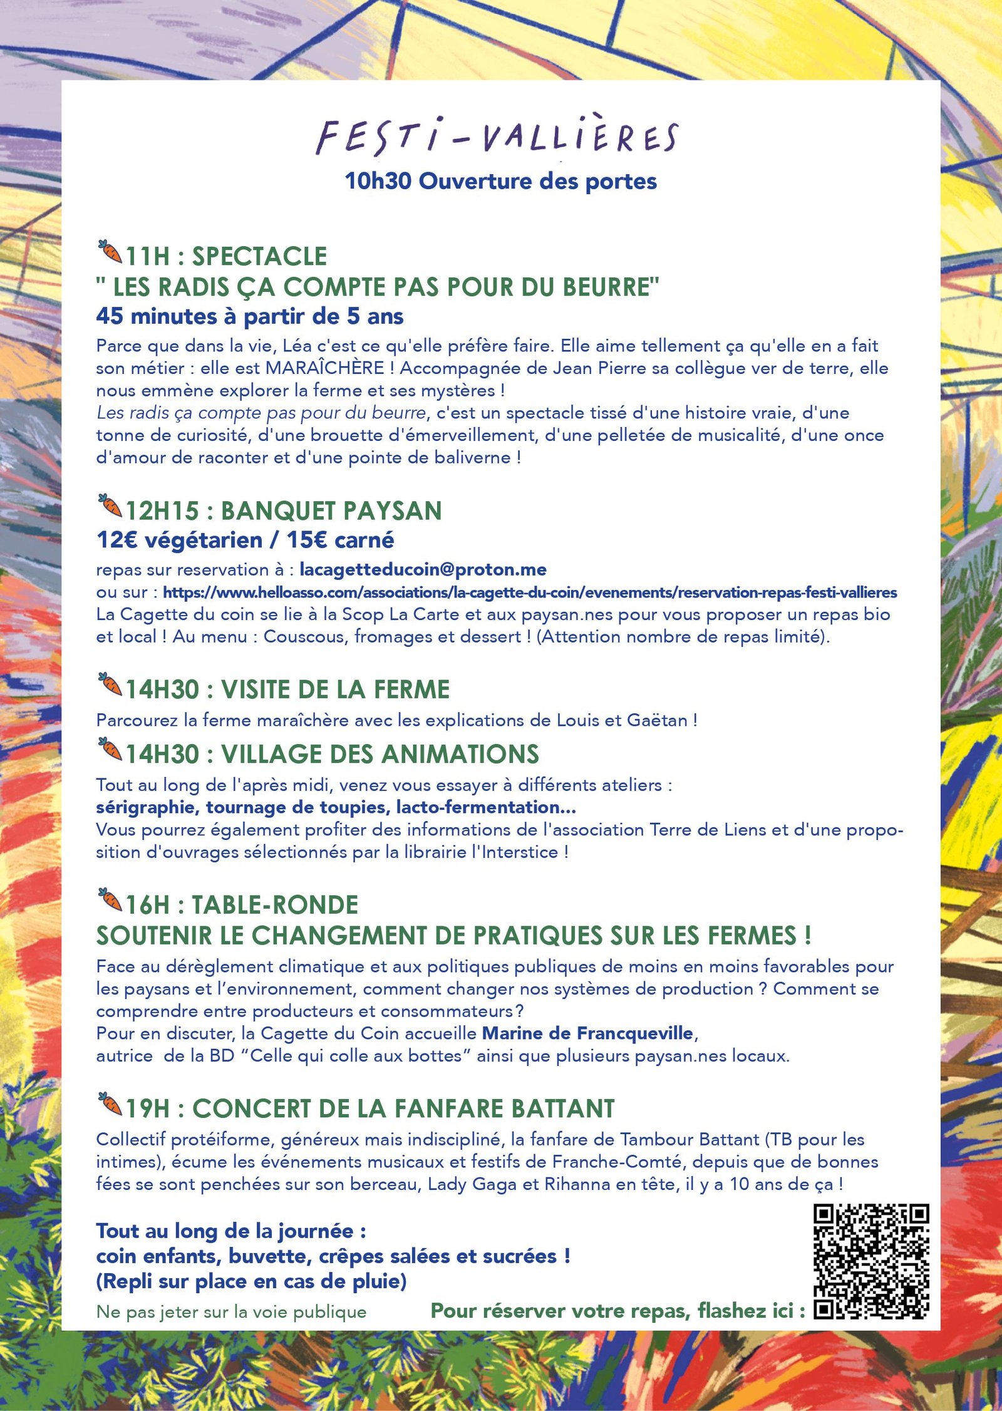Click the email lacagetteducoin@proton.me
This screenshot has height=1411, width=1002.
[423, 569]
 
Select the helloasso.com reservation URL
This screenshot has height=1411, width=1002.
[530, 592]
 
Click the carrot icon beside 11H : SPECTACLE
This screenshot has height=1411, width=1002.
[110, 252]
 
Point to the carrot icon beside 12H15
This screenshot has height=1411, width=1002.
[110, 506]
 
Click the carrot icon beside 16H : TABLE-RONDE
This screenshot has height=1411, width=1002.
[110, 900]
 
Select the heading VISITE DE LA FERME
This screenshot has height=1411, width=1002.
[335, 690]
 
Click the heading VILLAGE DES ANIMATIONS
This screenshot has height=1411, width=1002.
[380, 754]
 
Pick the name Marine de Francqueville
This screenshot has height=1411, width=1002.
[587, 1033]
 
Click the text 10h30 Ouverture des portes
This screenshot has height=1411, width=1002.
[500, 181]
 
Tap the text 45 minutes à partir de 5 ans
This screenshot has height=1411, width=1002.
[249, 316]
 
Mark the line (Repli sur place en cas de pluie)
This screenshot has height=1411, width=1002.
[251, 1281]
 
